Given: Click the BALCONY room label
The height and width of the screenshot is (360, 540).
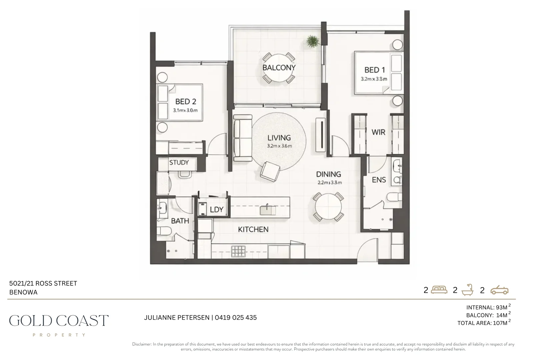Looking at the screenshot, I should tap(279, 68).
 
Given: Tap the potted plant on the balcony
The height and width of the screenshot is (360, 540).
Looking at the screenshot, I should tap(313, 42).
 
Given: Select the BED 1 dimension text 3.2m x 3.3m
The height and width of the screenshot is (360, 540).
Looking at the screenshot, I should tap(374, 79).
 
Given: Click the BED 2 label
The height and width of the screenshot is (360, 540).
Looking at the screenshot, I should tap(185, 102).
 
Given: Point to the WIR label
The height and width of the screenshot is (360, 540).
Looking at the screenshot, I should tap(378, 132).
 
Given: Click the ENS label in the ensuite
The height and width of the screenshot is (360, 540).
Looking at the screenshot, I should tap(379, 180).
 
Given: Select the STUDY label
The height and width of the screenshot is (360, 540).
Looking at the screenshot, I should tap(179, 163).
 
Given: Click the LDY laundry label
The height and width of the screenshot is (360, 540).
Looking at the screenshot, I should tap(216, 210).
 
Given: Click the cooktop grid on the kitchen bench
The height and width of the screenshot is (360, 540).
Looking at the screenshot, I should tap(238, 251).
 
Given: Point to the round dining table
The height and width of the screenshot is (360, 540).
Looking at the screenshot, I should tap(329, 207).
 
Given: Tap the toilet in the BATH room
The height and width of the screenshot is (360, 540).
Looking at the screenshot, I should tap(164, 231).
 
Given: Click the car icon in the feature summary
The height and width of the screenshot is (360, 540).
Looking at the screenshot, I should tap(499, 290).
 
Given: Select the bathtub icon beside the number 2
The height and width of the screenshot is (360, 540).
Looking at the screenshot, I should tap(467, 290).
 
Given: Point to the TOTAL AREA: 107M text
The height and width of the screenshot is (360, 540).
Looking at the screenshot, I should tap(482, 323).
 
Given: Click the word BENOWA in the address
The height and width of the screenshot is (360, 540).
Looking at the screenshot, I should tap(23, 292).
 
